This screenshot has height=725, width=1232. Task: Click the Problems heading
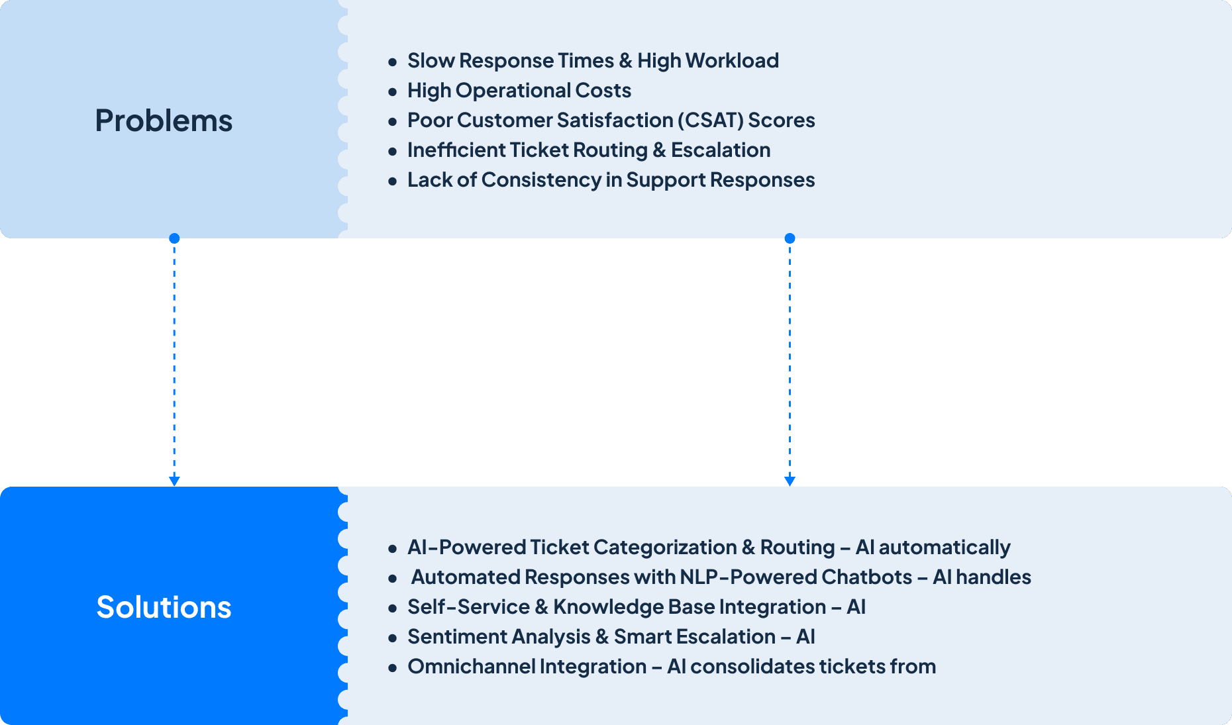point(164,121)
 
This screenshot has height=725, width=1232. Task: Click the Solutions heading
point(164,607)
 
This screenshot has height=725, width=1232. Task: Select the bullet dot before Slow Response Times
point(393,62)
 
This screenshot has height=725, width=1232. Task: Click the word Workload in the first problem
point(732,61)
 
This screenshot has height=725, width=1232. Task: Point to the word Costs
point(603,91)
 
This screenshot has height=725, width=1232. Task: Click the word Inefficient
point(456,150)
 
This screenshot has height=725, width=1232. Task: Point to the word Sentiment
point(456,637)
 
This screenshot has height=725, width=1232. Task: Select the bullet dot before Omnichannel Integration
point(393,668)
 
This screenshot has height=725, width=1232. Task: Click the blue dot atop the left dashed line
point(174,238)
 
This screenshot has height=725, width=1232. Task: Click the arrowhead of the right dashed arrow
point(790,481)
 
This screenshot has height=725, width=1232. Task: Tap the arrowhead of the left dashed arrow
point(174,481)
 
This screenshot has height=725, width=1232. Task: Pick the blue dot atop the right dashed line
point(790,238)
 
